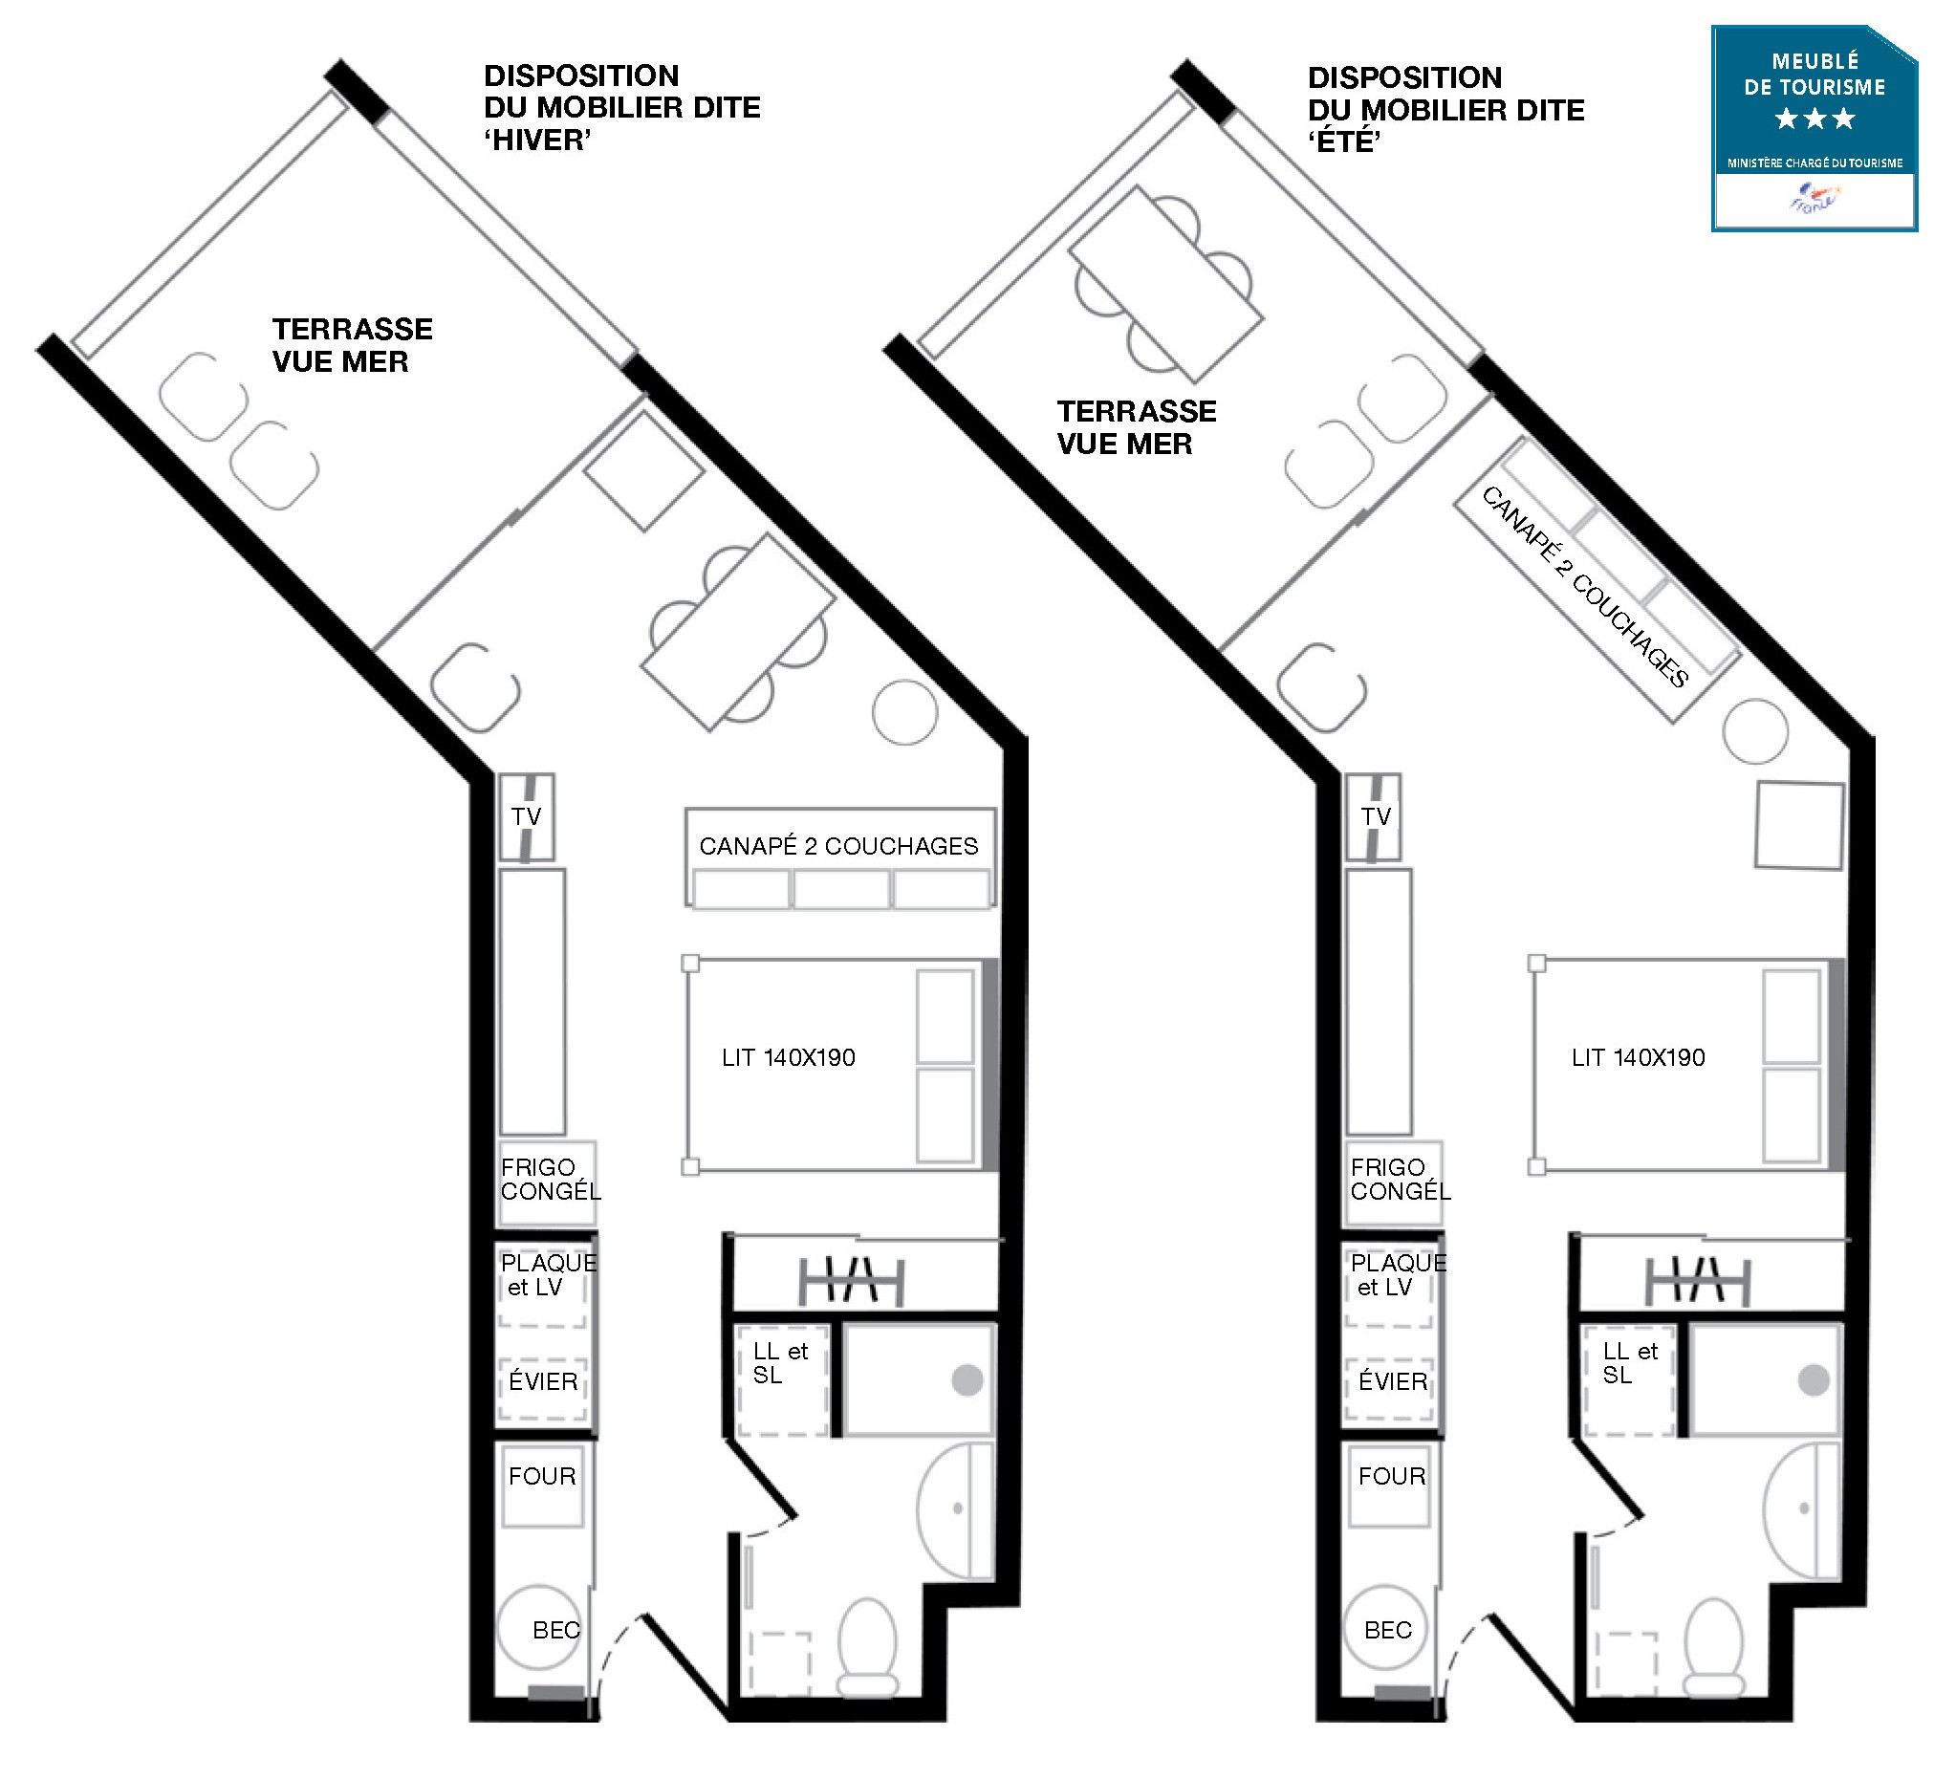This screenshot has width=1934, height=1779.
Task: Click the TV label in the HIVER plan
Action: pyautogui.click(x=526, y=817)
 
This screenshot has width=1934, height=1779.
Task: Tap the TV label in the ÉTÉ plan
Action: pyautogui.click(x=1376, y=817)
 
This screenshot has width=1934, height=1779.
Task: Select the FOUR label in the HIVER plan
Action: pyautogui.click(x=542, y=1477)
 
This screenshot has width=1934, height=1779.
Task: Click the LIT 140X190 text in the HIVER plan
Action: pyautogui.click(x=789, y=1058)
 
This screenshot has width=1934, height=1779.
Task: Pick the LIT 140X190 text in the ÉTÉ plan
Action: pyautogui.click(x=1639, y=1058)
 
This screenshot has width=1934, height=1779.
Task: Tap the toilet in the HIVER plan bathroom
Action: pyautogui.click(x=867, y=1649)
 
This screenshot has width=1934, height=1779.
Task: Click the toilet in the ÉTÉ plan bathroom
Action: pyautogui.click(x=1714, y=1649)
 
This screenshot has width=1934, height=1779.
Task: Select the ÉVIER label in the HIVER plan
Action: pyautogui.click(x=543, y=1381)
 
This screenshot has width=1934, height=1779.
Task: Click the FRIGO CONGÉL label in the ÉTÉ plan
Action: pyautogui.click(x=1401, y=1180)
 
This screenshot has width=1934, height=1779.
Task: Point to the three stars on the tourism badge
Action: pyautogui.click(x=1814, y=119)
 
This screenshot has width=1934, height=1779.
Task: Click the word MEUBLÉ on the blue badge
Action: pyautogui.click(x=1815, y=61)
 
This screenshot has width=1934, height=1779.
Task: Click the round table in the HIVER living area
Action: pyautogui.click(x=905, y=712)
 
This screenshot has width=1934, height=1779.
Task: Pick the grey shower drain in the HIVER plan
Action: pyautogui.click(x=967, y=1380)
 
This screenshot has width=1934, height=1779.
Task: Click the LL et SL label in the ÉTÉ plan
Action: pyautogui.click(x=1630, y=1364)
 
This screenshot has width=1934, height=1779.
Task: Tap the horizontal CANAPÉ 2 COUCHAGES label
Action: pyautogui.click(x=838, y=846)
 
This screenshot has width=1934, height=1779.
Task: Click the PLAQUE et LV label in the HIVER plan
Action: pyautogui.click(x=549, y=1274)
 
